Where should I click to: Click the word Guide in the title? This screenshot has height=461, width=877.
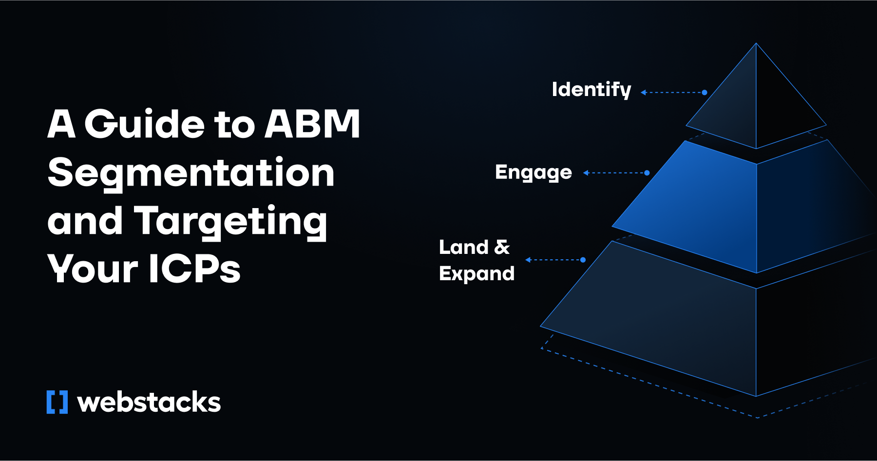[145, 124]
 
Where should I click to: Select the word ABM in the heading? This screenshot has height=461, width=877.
[312, 124]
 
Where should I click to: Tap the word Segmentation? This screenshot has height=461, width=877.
[191, 173]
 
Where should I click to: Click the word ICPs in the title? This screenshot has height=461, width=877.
[194, 269]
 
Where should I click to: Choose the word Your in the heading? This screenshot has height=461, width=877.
[93, 269]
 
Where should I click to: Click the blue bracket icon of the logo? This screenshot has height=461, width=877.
[57, 402]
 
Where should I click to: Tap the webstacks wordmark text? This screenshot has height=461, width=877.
[149, 402]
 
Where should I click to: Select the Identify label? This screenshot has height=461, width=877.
[591, 90]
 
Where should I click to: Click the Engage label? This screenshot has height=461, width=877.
[533, 173]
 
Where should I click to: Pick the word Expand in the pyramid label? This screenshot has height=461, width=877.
[477, 274]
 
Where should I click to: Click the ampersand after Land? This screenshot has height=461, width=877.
[502, 247]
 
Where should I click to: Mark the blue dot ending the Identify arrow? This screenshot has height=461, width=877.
[705, 92]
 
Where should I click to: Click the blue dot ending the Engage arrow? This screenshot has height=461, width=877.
[647, 173]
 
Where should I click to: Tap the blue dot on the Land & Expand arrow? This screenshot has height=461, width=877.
[583, 260]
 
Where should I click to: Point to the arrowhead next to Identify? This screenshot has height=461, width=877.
[644, 92]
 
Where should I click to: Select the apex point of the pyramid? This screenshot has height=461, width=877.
[756, 44]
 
